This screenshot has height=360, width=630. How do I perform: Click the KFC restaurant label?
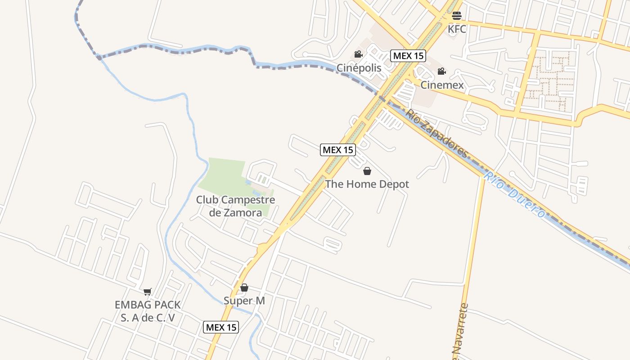pos(457,29)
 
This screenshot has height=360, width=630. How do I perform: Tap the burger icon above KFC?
pos(457,16)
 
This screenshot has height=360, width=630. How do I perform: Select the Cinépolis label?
pos(359,68)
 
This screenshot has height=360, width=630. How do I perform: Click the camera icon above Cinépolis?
pos(359,54)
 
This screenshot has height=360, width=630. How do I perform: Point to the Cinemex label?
pos(442,85)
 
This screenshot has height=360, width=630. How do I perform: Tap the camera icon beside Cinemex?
pos(442,72)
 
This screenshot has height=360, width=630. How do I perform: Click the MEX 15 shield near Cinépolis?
pos(408,56)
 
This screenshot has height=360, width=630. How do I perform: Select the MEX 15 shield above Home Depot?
pos(338,150)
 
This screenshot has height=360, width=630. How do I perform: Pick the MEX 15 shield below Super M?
pos(221,327)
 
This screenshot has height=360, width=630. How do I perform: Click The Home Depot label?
pos(367,184)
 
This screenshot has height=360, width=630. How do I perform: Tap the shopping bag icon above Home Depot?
pos(367,171)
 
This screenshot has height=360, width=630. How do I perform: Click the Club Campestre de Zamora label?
pos(235,206)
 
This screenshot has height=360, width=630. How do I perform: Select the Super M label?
pos(244,301)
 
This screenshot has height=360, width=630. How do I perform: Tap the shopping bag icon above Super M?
pos(244,288)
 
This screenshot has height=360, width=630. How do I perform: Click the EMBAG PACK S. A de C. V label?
pos(148,311)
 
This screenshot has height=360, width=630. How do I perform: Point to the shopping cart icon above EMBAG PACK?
pos(148,292)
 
